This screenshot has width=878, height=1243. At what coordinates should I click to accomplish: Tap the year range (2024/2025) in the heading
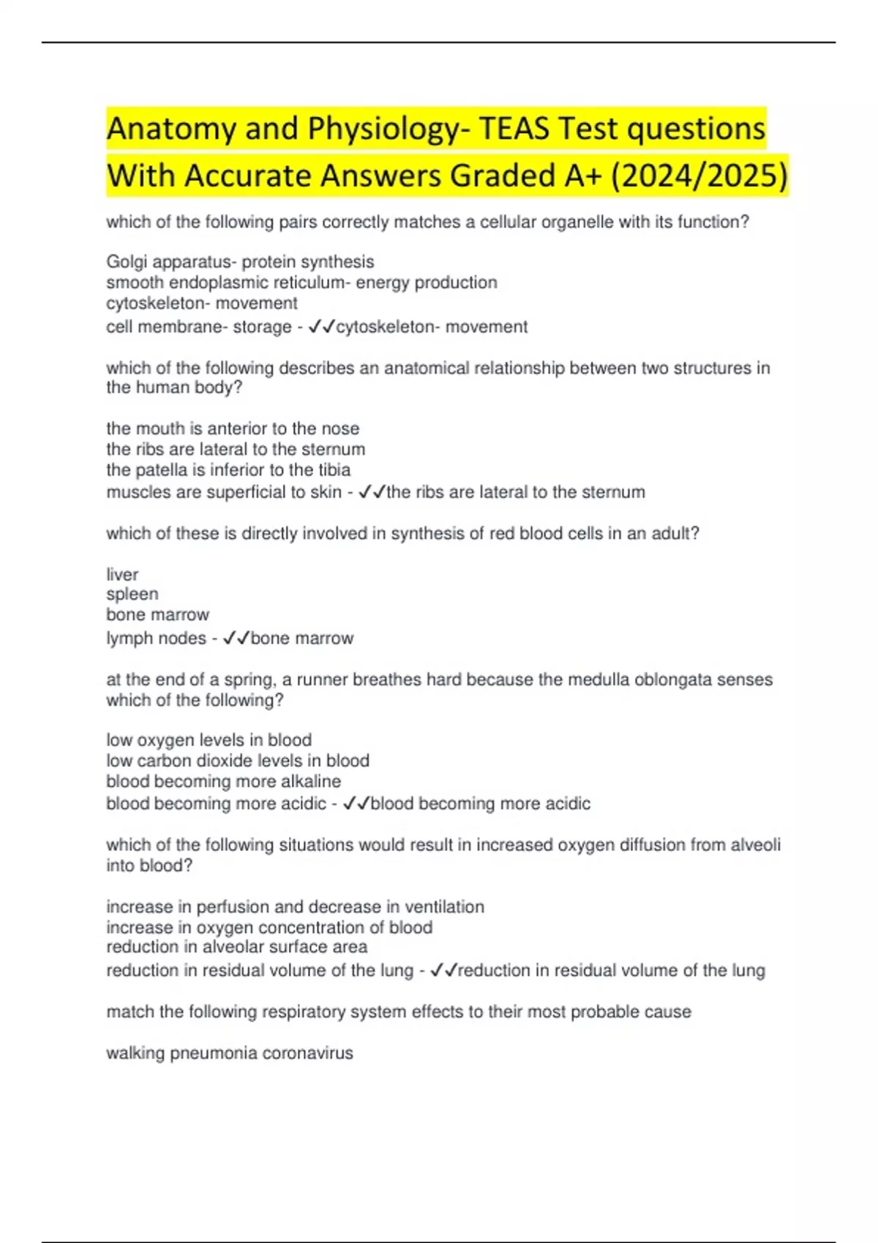pos(699,175)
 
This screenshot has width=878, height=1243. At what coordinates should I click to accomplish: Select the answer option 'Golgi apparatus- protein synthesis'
pos(240,262)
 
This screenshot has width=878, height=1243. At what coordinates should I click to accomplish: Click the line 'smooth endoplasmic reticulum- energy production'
pos(301,282)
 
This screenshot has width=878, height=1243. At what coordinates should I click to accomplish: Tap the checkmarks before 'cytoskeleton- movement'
pos(321,327)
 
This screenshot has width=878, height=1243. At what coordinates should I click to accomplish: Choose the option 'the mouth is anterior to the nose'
pos(233,428)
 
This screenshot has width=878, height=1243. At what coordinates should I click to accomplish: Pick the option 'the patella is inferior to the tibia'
pos(228,469)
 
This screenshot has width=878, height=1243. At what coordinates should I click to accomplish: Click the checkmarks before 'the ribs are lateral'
pos(372,492)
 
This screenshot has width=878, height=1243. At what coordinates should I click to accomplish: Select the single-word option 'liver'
pos(122,575)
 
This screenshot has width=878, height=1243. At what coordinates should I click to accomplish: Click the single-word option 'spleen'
pos(132,594)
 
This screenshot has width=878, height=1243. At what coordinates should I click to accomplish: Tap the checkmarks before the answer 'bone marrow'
pos(236,638)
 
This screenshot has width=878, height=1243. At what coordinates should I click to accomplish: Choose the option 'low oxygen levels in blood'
pos(209,740)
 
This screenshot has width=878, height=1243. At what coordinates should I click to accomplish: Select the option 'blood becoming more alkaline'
pos(223,781)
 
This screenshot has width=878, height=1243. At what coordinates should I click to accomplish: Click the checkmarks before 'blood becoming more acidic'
pos(356,804)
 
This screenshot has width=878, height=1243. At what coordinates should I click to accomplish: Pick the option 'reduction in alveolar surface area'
pos(236,947)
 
